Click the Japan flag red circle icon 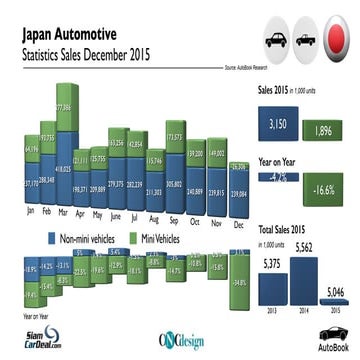[338, 40]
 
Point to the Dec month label [239, 212]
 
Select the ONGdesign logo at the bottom [180, 338]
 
